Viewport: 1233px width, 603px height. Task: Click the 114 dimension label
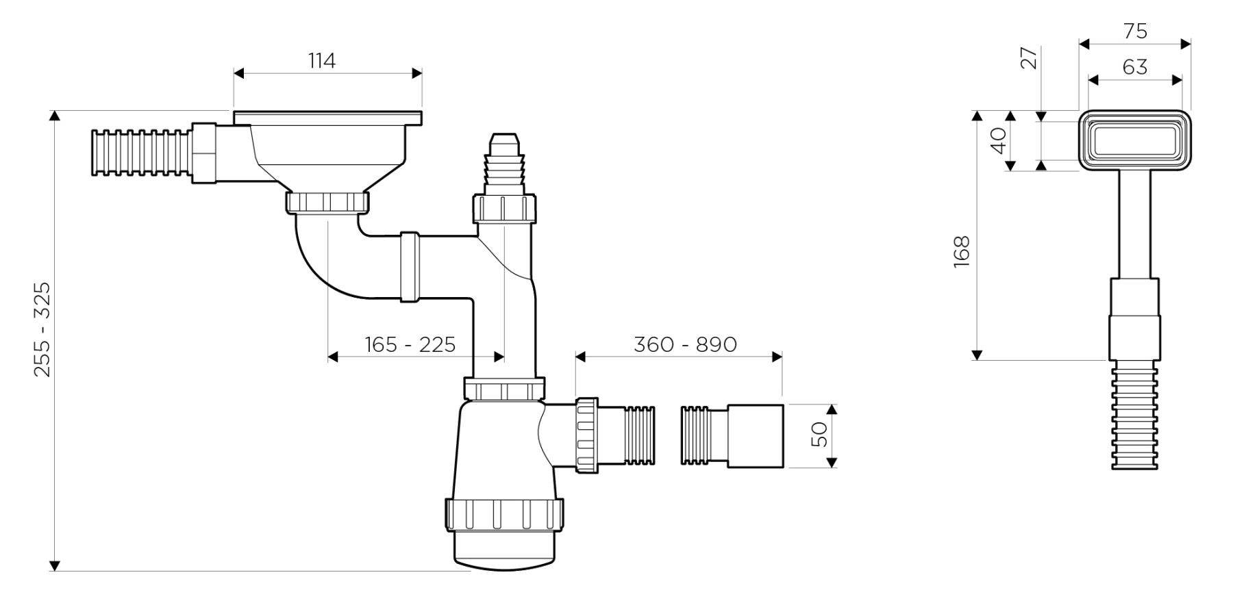coord(322,61)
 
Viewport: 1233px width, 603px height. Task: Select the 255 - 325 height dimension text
coord(42,329)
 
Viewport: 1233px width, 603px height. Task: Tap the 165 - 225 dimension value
coord(410,344)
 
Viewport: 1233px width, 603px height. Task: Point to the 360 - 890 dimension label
coord(685,344)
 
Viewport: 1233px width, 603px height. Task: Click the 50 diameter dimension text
coord(820,434)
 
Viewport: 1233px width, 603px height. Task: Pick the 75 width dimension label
coord(1135,31)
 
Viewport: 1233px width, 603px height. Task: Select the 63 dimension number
coord(1135,67)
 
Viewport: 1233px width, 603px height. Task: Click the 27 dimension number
coord(1029,59)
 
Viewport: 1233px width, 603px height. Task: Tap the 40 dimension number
coord(999,140)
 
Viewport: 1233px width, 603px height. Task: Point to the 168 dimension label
coord(962,251)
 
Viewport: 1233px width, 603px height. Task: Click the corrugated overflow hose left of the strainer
coord(140,152)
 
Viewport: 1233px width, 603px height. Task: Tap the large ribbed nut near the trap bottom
coord(505,515)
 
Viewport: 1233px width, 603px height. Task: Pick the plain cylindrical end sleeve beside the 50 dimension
coord(755,436)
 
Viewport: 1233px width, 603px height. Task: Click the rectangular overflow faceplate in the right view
coord(1135,140)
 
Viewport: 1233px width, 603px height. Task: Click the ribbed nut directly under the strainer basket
coord(327,203)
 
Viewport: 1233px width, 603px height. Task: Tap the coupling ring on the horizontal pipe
coord(410,266)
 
